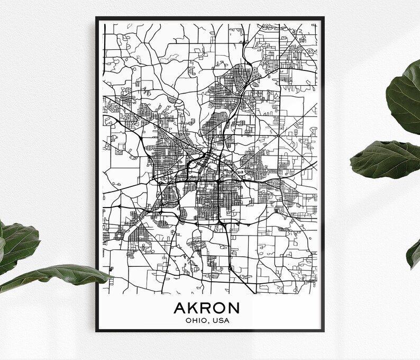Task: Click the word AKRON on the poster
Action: pyautogui.click(x=210, y=308)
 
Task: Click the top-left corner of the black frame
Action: pyautogui.click(x=97, y=17)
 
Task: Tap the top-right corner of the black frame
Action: pyautogui.click(x=324, y=17)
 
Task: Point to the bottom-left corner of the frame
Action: pyautogui.click(x=97, y=331)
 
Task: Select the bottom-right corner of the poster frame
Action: pyautogui.click(x=324, y=331)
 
